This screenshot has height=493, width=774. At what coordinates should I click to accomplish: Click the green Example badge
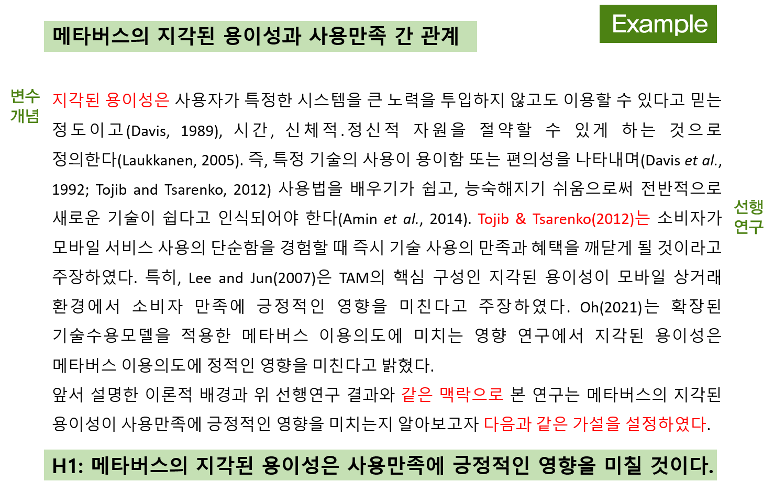pyautogui.click(x=658, y=24)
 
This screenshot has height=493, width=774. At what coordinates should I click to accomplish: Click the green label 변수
pyautogui.click(x=25, y=96)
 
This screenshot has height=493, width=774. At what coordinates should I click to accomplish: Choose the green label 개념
pyautogui.click(x=25, y=116)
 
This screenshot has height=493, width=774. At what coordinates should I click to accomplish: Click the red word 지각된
pyautogui.click(x=76, y=99)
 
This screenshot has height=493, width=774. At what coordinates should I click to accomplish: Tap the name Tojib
pyautogui.click(x=493, y=219)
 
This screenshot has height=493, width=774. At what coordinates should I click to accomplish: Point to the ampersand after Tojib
pyautogui.click(x=521, y=219)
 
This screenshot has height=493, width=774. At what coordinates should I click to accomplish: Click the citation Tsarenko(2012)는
pyautogui.click(x=591, y=219)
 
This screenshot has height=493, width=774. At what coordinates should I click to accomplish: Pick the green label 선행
pyautogui.click(x=748, y=207)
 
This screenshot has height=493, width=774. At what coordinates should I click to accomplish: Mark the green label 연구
pyautogui.click(x=748, y=227)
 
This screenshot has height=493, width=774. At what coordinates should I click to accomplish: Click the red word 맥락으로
pyautogui.click(x=472, y=394)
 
